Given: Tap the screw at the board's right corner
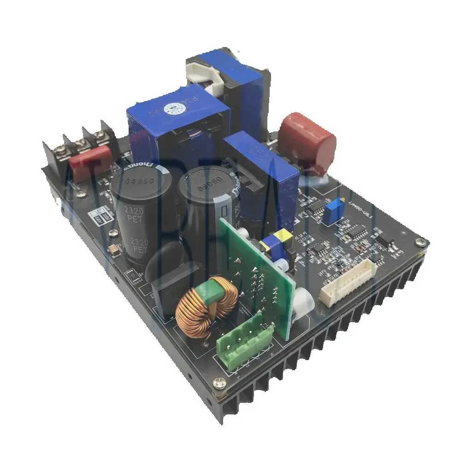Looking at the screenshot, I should (x=420, y=242).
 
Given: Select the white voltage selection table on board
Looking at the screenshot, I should (x=101, y=216).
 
